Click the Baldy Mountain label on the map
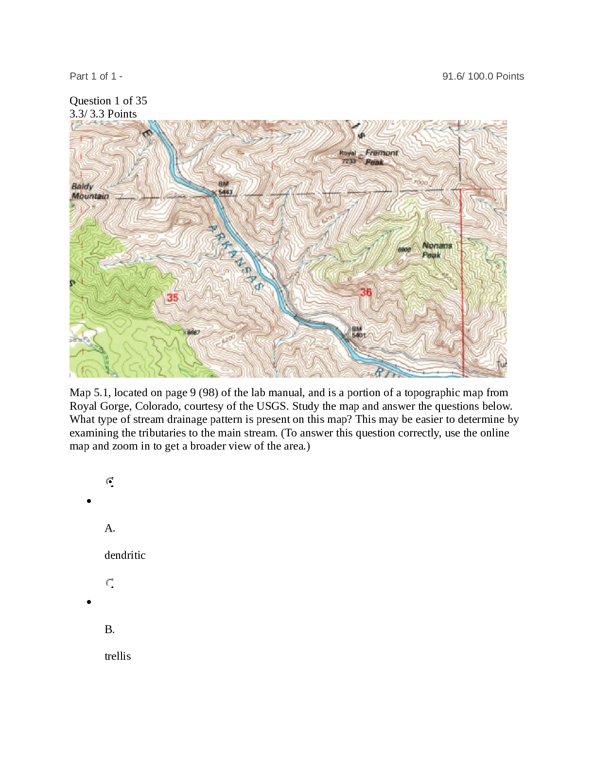point(89,191)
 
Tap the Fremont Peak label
point(381,157)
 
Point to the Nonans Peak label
point(437,250)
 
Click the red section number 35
point(173,297)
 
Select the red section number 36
point(366,292)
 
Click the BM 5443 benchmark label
point(225,188)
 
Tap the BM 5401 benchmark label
point(358,332)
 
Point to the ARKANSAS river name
point(235,257)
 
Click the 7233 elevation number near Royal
point(349,161)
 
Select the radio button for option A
point(110,482)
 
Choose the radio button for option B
point(110,583)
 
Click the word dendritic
point(125,555)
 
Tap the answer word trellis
point(118,656)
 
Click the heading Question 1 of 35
point(108,100)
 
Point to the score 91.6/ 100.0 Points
point(483,76)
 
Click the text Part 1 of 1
point(93,76)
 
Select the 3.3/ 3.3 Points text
point(103,114)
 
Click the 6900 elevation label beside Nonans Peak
point(404,250)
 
